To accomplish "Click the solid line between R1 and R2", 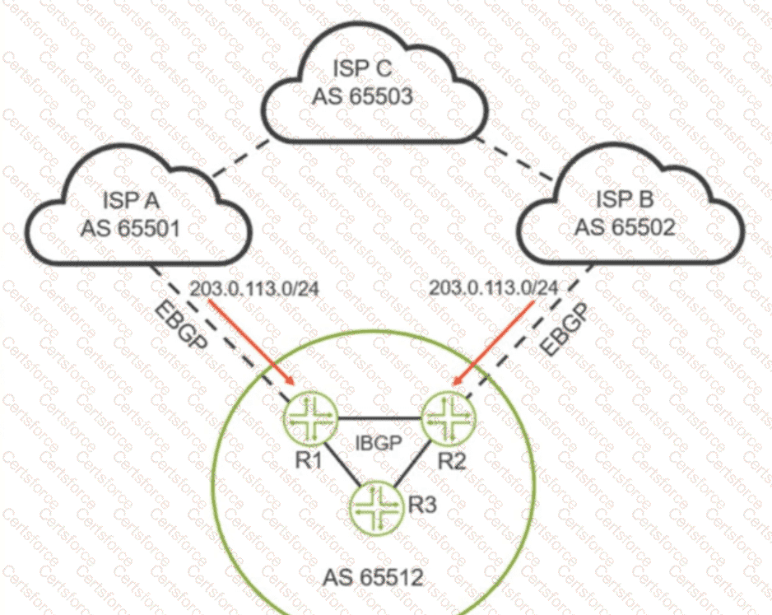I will (377, 416).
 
